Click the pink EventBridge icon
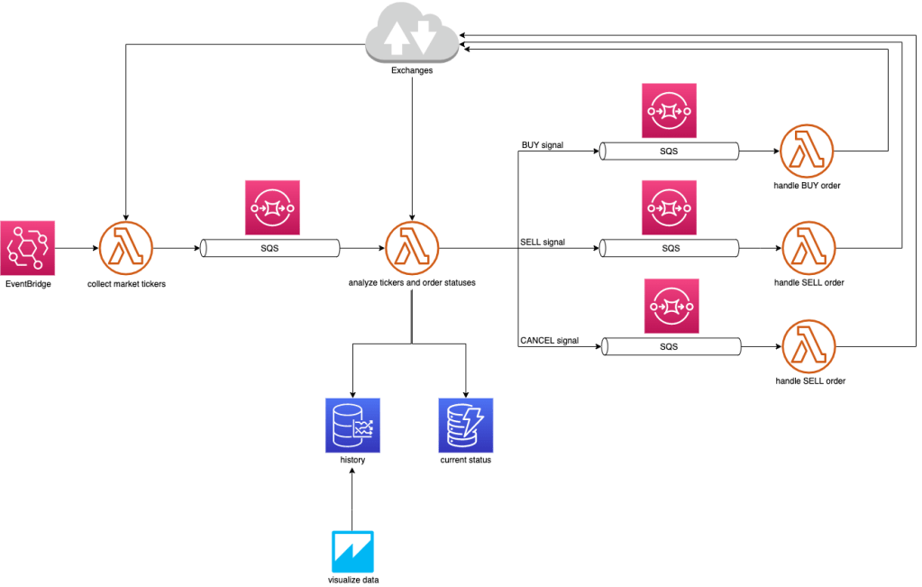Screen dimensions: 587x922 click(28, 247)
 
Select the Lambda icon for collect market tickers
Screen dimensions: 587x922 click(126, 247)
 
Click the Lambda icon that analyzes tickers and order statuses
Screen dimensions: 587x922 click(412, 247)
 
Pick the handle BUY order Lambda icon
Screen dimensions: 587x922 click(807, 151)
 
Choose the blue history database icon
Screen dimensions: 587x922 click(352, 425)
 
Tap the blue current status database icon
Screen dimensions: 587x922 click(466, 425)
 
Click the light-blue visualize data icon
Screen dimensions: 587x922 click(352, 552)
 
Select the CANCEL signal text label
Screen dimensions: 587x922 click(549, 341)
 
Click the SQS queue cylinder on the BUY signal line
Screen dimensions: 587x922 click(670, 151)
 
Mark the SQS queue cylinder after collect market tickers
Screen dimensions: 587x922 click(269, 247)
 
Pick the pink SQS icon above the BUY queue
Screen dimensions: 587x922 click(670, 110)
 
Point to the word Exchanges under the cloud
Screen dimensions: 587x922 click(411, 70)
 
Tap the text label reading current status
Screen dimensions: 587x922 click(466, 461)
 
